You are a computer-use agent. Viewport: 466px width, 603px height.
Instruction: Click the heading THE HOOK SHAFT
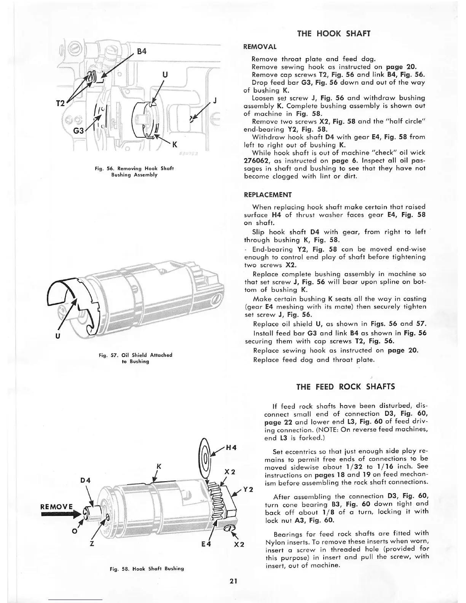[x=334, y=33]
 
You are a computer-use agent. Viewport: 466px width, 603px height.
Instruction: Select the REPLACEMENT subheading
[x=268, y=195]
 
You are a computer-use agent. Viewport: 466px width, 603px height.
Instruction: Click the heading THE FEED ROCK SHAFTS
[x=345, y=387]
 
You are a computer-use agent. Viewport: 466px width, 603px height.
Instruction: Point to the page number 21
[x=233, y=581]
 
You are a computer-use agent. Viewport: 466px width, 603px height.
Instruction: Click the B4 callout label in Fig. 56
[x=141, y=51]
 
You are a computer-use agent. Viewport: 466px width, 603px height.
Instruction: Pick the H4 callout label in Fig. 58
[x=231, y=448]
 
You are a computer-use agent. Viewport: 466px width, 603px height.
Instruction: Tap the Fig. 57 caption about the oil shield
[x=135, y=358]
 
